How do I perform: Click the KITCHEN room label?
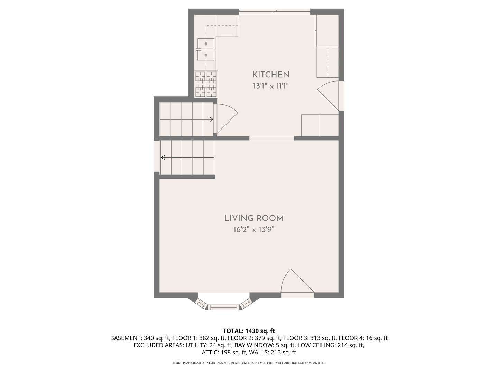[x=271, y=75]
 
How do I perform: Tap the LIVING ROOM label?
[x=254, y=218]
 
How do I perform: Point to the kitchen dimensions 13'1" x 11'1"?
[x=271, y=86]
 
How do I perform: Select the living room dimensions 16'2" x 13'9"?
[x=254, y=229]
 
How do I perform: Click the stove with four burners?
[x=206, y=84]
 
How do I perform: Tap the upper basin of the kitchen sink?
[x=206, y=44]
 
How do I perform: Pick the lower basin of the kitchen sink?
[x=206, y=55]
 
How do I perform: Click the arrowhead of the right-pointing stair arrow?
[x=211, y=119]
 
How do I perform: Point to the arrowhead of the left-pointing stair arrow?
[x=163, y=157]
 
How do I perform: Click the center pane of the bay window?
[x=224, y=307]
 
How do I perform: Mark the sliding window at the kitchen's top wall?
[x=275, y=12]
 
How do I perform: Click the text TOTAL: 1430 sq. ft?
[x=249, y=331]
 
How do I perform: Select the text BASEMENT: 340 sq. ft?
[x=140, y=338]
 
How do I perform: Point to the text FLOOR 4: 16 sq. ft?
[x=363, y=338]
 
